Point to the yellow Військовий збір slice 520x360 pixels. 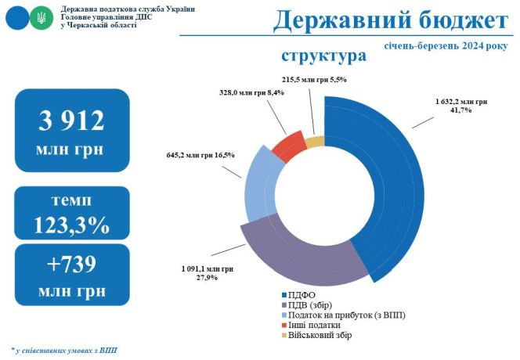click(x=314, y=141)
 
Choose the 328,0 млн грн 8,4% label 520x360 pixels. click(x=251, y=93)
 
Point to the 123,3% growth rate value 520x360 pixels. click(x=71, y=225)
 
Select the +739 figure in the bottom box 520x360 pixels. click(x=71, y=264)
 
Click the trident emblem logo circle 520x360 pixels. click(x=42, y=16)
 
